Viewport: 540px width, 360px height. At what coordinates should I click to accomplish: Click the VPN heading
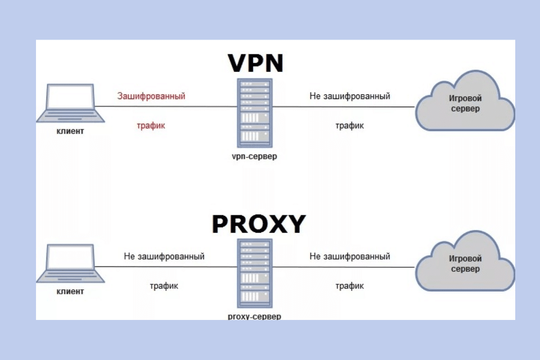pos(256,63)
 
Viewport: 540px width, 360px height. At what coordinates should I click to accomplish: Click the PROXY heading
pos(258,224)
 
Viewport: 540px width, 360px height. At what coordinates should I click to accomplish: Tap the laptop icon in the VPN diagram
pos(70,103)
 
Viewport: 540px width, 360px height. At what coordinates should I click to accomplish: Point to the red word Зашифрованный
pos(151,96)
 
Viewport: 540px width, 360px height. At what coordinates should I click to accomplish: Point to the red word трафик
pos(151,126)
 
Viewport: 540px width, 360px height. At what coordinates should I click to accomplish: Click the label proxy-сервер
pos(255,316)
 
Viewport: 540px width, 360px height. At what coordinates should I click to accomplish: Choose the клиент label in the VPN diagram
pos(70,131)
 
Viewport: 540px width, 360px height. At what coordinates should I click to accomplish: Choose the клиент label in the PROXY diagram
pos(70,292)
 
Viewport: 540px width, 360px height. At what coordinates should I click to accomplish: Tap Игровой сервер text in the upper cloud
pos(465,103)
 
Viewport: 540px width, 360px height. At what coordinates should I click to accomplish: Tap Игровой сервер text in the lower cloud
pos(465,264)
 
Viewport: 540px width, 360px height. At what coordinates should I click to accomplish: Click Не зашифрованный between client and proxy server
pos(164,256)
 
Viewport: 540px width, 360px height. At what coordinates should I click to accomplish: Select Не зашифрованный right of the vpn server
pos(350,96)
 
